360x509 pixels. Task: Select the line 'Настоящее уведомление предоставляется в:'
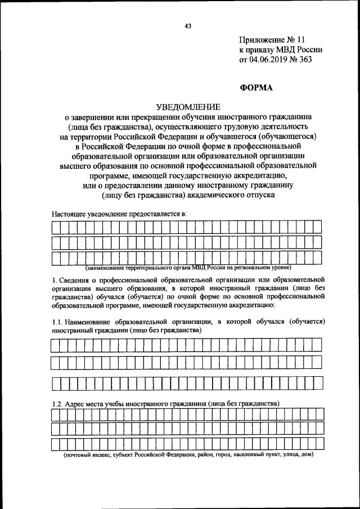click(119, 214)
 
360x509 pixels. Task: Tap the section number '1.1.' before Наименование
click(57, 322)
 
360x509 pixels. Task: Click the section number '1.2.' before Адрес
click(57, 403)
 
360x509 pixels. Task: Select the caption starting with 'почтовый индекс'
click(188, 454)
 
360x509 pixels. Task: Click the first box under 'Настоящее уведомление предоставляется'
click(56, 227)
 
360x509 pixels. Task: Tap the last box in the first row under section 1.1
click(317, 344)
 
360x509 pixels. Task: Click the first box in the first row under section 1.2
click(56, 415)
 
